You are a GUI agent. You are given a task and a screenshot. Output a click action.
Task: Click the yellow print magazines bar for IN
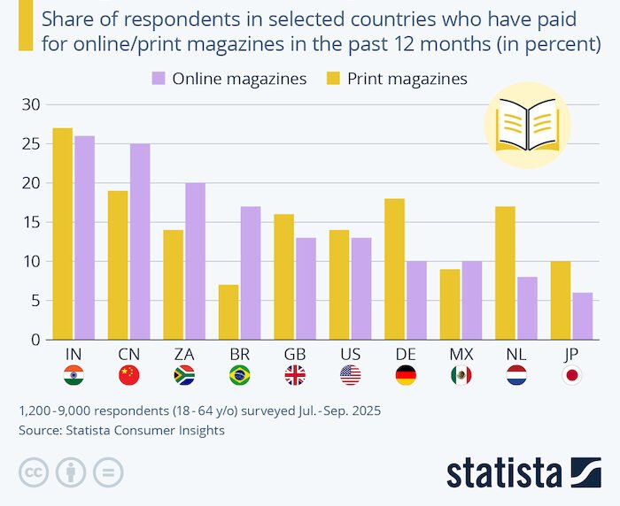pyautogui.click(x=62, y=234)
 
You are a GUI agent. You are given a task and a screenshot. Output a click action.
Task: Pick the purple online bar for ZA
pyautogui.click(x=195, y=261)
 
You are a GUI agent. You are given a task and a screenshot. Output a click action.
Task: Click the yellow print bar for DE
pyautogui.click(x=395, y=269)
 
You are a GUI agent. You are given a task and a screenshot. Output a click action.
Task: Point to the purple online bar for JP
pyautogui.click(x=583, y=316)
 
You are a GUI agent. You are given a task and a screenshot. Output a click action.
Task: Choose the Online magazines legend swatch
pyautogui.click(x=159, y=79)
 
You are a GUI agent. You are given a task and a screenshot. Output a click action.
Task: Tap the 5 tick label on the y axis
pyautogui.click(x=35, y=300)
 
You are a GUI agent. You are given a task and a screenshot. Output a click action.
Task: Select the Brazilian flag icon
pyautogui.click(x=239, y=375)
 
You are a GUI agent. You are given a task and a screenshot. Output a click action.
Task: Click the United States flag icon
pyautogui.click(x=350, y=375)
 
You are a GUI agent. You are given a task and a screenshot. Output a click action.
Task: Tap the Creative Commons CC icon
pyautogui.click(x=34, y=471)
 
